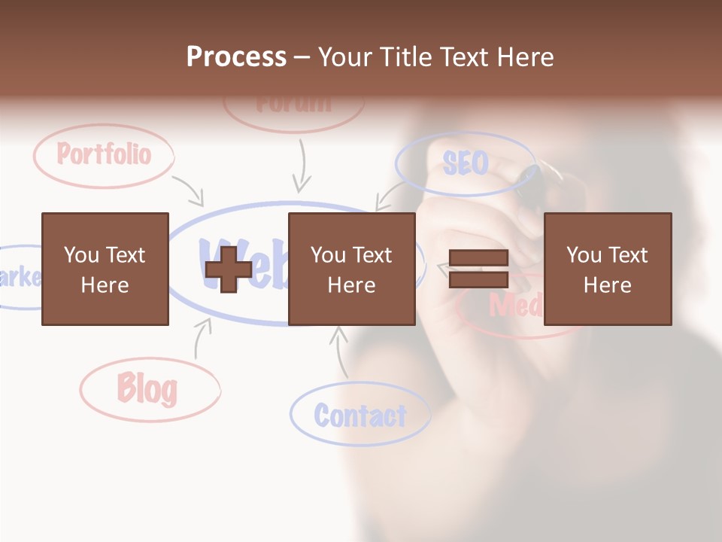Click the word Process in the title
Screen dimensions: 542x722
[x=236, y=57]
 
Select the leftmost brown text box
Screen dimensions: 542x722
[x=105, y=269]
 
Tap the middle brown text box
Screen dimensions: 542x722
[x=351, y=269]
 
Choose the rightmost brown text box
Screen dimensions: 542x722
[x=607, y=269]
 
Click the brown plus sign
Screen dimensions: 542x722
[x=229, y=269]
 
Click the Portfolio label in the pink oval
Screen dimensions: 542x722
[x=104, y=155]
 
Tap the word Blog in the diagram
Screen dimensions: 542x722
[x=147, y=389]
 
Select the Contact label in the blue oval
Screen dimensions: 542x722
[x=359, y=416]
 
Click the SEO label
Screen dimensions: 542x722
[x=465, y=163]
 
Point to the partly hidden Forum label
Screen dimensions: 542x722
[x=293, y=104]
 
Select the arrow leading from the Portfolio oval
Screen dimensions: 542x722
[x=190, y=191]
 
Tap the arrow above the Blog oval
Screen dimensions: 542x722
[x=202, y=338]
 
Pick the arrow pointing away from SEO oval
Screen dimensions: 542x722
[x=389, y=197]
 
